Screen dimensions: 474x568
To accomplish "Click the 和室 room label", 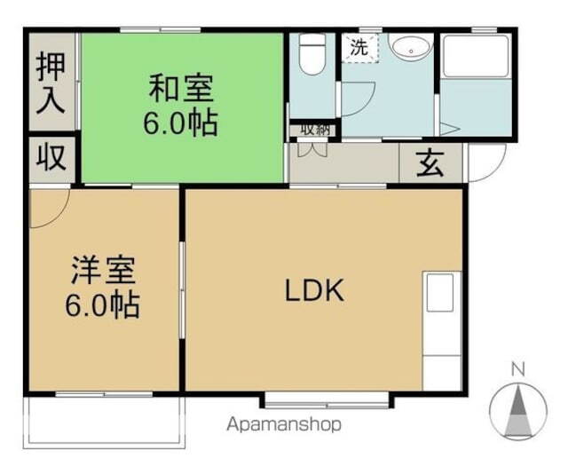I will [x=181, y=89].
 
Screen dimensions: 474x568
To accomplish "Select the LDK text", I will [x=313, y=290].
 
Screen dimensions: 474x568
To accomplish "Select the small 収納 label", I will [x=314, y=130].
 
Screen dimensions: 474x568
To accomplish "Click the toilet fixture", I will [x=311, y=55].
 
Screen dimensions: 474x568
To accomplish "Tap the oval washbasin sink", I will [x=411, y=48].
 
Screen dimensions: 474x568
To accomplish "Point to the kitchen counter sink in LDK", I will [x=439, y=293].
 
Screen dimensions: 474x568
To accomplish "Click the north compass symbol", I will [x=519, y=408].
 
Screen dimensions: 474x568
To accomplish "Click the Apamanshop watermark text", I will [x=284, y=424].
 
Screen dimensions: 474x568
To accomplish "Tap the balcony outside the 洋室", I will [x=105, y=419].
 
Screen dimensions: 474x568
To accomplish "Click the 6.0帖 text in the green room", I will [x=181, y=123].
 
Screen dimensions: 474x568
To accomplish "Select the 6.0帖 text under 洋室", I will [x=103, y=305].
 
